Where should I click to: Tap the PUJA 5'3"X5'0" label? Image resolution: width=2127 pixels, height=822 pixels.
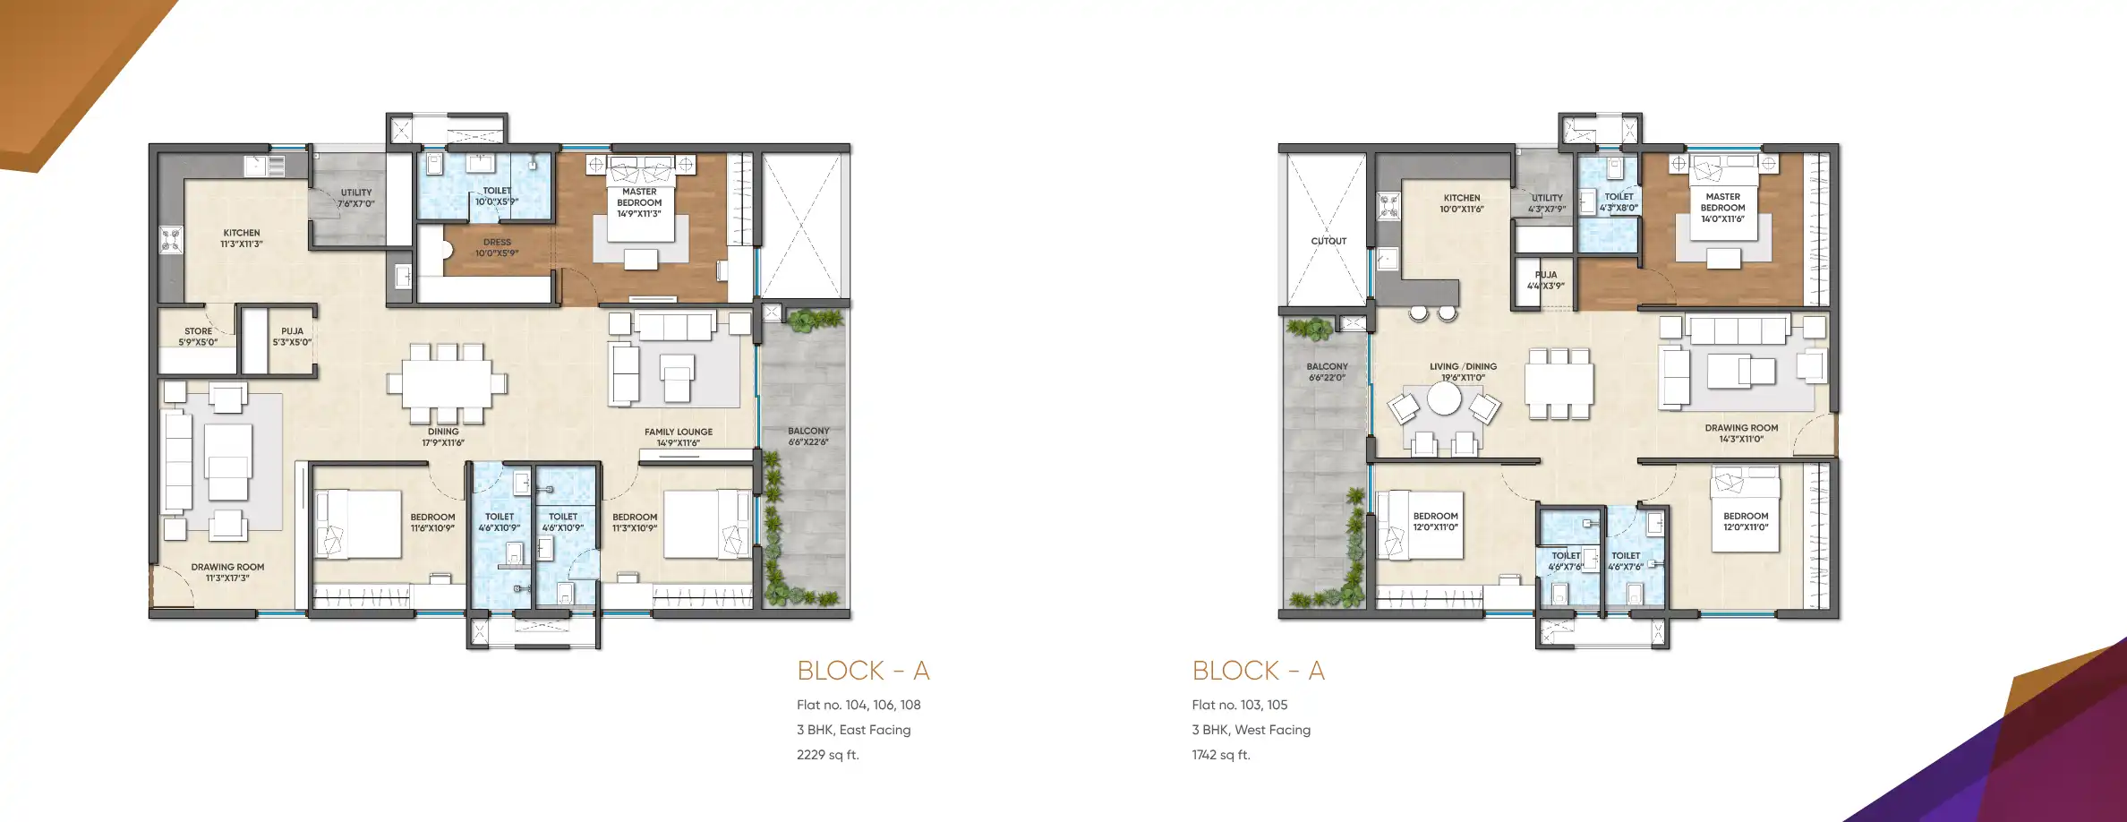[292, 336]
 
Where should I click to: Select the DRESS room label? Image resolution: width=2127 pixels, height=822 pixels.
[497, 247]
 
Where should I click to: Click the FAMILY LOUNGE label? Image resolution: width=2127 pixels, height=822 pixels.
[679, 436]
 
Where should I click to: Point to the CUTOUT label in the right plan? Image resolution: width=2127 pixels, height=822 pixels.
[1328, 241]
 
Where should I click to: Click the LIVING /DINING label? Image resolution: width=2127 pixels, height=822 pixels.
[1463, 372]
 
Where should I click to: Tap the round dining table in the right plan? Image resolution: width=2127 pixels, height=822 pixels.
[1444, 399]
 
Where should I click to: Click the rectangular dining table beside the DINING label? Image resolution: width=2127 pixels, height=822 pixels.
[447, 382]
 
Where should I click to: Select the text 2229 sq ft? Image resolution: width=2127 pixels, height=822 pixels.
[828, 755]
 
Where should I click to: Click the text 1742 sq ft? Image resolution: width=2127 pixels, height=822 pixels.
[1221, 755]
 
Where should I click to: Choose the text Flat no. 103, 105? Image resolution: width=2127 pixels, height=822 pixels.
[1240, 705]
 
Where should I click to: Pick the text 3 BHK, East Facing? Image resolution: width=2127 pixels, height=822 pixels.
[854, 730]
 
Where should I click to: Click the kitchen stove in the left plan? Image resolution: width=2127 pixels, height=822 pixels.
[171, 239]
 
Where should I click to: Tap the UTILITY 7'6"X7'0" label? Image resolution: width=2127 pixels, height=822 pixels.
[356, 198]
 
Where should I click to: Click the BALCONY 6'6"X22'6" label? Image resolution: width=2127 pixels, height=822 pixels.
[808, 436]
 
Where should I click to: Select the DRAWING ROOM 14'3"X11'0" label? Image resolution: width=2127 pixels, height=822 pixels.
[1741, 433]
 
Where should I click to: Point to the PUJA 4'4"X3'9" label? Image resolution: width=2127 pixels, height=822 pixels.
[1546, 280]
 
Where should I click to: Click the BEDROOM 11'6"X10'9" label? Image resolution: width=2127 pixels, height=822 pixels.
[432, 522]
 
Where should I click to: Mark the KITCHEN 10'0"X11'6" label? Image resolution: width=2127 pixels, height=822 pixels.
[1462, 203]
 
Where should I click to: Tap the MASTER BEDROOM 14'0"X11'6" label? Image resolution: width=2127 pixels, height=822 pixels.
[1722, 207]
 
